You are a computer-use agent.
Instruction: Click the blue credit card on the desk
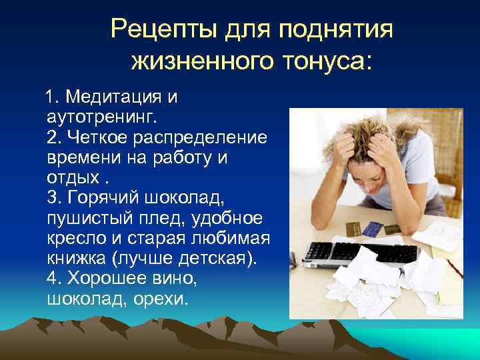369,227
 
